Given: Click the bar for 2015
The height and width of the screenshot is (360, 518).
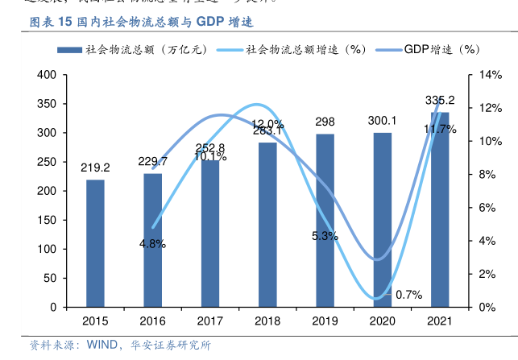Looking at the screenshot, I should (95, 242).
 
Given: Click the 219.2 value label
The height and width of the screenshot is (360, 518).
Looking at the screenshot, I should (95, 168).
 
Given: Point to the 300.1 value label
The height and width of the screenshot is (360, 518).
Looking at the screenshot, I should (383, 120).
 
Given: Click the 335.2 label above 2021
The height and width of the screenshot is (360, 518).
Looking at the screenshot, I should (440, 101).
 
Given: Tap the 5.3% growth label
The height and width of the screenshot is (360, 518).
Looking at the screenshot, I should (325, 236).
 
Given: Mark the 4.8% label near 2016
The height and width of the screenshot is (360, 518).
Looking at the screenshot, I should (152, 244).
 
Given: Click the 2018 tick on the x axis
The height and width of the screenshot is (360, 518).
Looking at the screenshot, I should (267, 320).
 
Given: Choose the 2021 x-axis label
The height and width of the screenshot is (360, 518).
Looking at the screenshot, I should (440, 320).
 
